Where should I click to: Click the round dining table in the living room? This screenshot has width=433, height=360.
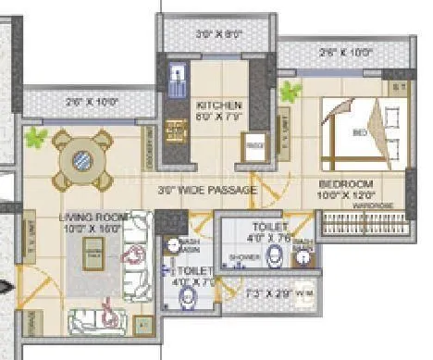pyautogui.click(x=82, y=158)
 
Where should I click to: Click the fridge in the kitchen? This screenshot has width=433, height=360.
pyautogui.click(x=252, y=148)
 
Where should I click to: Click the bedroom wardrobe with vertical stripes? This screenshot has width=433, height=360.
pyautogui.click(x=363, y=221)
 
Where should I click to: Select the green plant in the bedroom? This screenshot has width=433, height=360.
pyautogui.click(x=291, y=91)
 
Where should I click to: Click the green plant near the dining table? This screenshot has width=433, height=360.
pyautogui.click(x=37, y=138)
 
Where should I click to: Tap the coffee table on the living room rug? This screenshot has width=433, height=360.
pyautogui.click(x=93, y=248)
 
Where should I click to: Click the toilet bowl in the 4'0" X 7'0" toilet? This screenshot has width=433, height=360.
pyautogui.click(x=189, y=295)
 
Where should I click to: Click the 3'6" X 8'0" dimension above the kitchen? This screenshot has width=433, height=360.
pyautogui.click(x=218, y=33)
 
